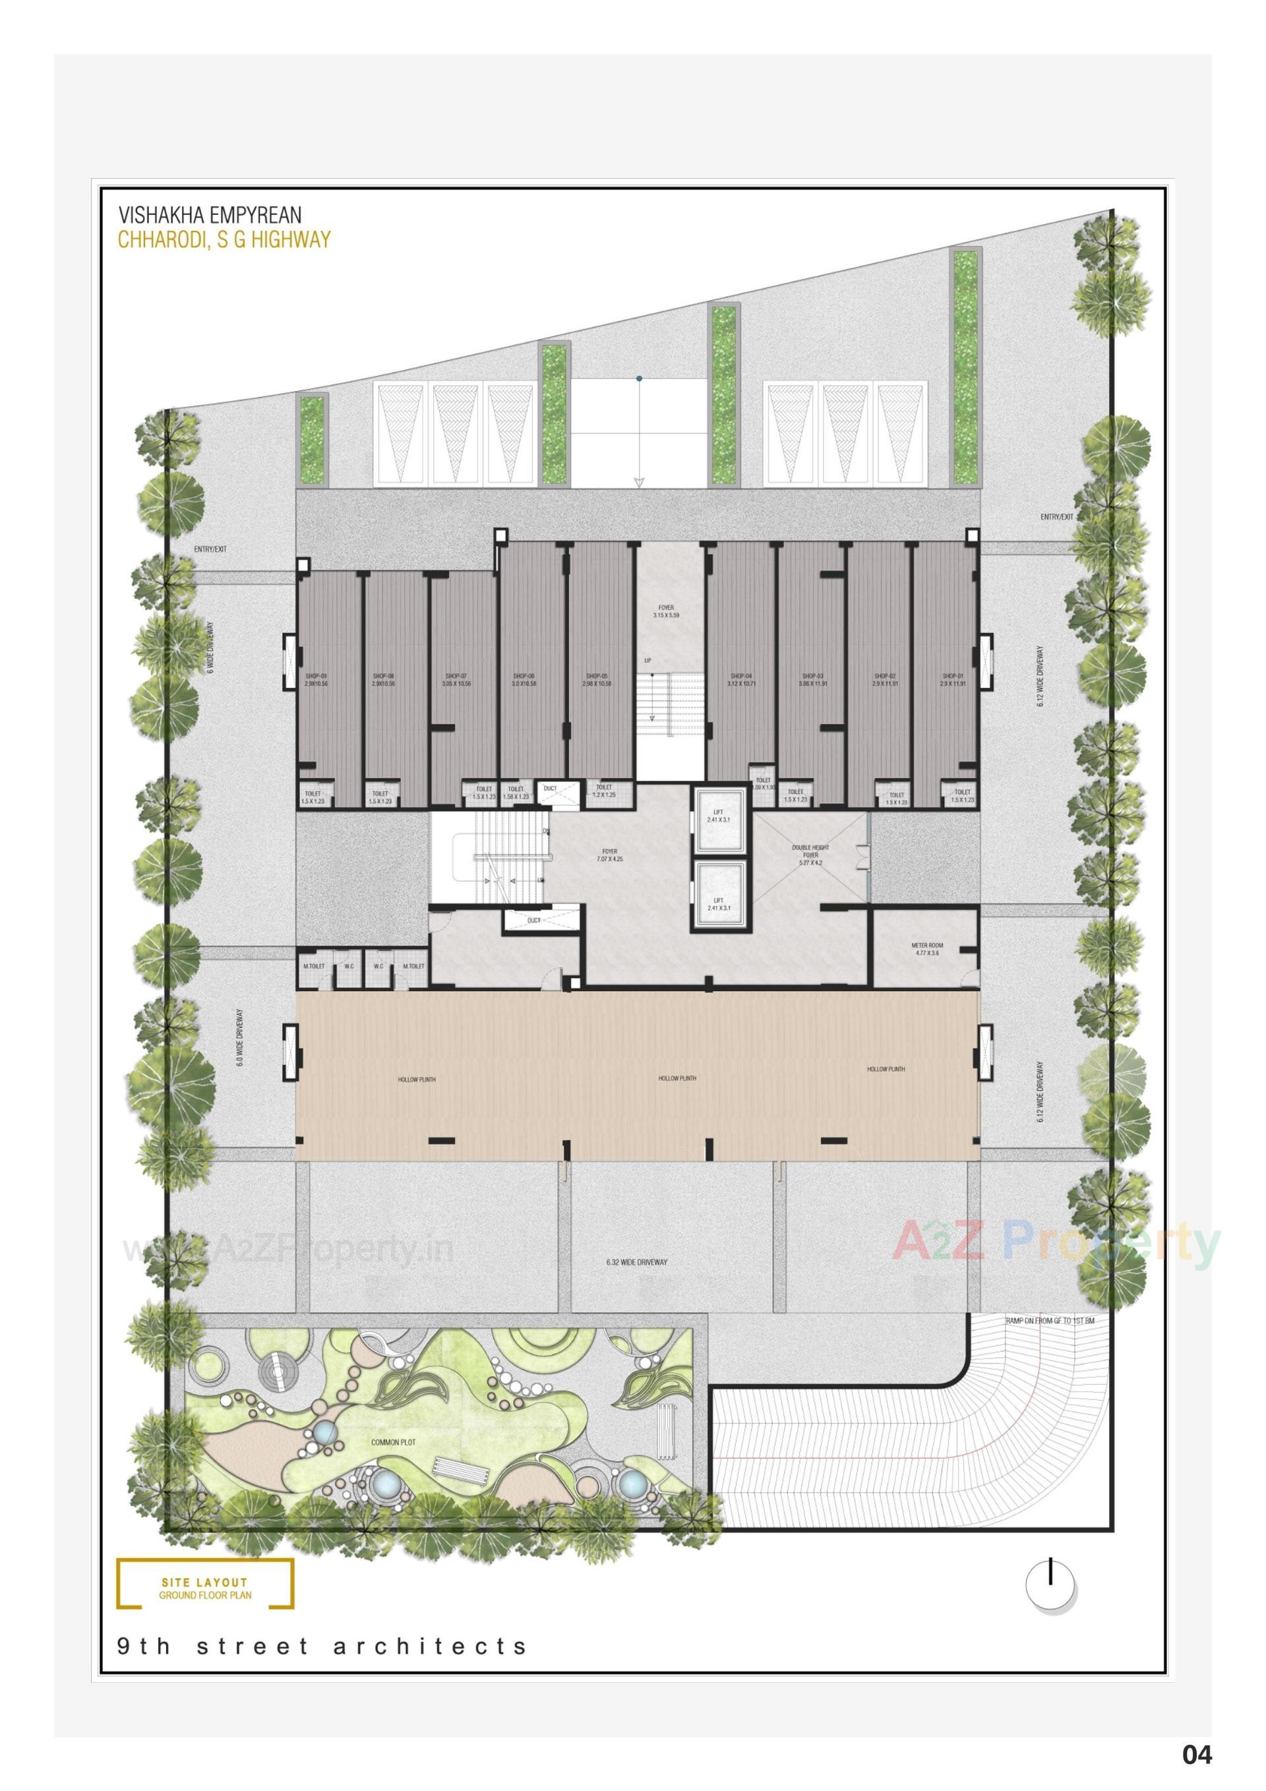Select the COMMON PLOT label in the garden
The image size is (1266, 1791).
tap(393, 1442)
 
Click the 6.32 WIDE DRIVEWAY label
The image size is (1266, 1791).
tap(636, 1261)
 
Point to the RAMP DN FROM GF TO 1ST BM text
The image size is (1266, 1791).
tap(1050, 1321)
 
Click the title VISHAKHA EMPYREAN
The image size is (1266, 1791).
tap(210, 214)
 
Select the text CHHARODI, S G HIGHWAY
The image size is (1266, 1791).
tap(224, 239)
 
